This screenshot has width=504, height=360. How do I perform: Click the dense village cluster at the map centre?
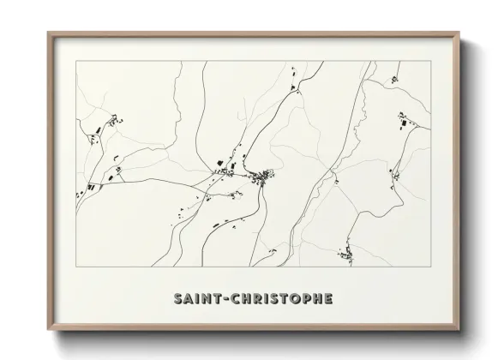click(261, 177)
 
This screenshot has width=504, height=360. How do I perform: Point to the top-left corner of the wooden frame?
click(48, 33)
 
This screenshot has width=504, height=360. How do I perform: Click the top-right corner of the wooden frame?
click(458, 33)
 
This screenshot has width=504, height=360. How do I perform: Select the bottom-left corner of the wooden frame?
click(48, 330)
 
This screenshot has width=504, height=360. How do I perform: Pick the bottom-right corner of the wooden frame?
click(458, 330)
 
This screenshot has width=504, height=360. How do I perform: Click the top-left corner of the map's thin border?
click(75, 62)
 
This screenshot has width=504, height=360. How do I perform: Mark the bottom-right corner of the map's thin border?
click(429, 266)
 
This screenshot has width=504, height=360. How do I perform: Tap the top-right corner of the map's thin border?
click(429, 62)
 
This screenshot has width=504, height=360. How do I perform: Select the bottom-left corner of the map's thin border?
click(75, 266)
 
